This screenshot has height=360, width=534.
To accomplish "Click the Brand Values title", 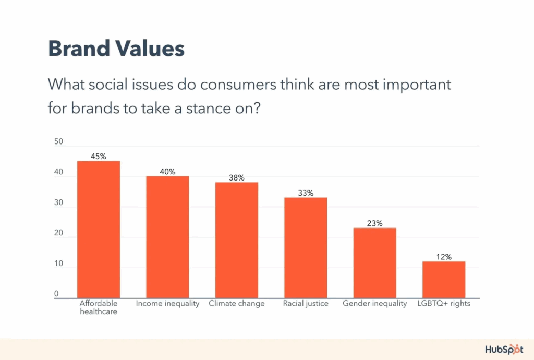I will (x=116, y=49).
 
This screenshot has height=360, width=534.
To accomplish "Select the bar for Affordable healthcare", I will (x=99, y=230).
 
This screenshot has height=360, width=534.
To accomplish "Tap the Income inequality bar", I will (x=167, y=237).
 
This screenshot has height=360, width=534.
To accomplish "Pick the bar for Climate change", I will (x=237, y=240).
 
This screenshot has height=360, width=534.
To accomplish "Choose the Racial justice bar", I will (x=306, y=248).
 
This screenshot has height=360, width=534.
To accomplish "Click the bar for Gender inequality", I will (x=374, y=263).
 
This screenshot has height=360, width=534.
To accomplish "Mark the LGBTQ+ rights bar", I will (x=444, y=280).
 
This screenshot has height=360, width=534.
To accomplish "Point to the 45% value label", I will (x=99, y=156).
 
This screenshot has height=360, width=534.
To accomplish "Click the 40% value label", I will (x=167, y=171).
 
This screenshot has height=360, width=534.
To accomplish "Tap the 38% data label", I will (x=237, y=177).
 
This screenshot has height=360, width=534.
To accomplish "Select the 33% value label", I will (x=306, y=193).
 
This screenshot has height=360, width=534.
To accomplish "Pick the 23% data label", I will (x=374, y=223).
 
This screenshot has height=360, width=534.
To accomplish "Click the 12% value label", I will (x=444, y=257).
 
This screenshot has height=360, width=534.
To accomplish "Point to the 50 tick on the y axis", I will (x=58, y=141).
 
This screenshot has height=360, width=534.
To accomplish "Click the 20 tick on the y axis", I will (x=58, y=233).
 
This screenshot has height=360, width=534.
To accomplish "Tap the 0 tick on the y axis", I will (x=56, y=294).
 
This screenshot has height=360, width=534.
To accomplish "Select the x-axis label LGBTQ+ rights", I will (x=444, y=304).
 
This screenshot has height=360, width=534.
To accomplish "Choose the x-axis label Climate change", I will (x=237, y=304).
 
